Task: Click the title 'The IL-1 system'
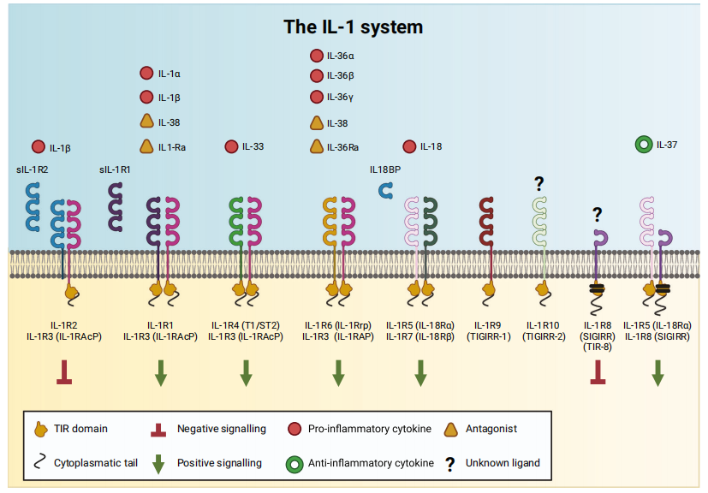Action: pyautogui.click(x=354, y=27)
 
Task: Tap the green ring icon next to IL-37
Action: pyautogui.click(x=644, y=145)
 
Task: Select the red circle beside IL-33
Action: pyautogui.click(x=231, y=146)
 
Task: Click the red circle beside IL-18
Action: pyautogui.click(x=409, y=146)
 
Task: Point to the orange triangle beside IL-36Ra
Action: pyautogui.click(x=316, y=146)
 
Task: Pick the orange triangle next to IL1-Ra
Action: pyautogui.click(x=146, y=146)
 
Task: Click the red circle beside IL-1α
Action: pyautogui.click(x=146, y=74)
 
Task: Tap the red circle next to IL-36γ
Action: pyautogui.click(x=316, y=97)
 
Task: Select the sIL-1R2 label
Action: pyautogui.click(x=32, y=169)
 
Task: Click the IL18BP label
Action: pyautogui.click(x=385, y=169)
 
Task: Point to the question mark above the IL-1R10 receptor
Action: pyautogui.click(x=539, y=182)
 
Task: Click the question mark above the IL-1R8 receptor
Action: pyautogui.click(x=597, y=214)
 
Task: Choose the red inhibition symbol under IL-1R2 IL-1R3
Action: pyautogui.click(x=64, y=371)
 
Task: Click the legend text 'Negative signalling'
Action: pyautogui.click(x=220, y=428)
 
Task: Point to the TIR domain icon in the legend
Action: pyautogui.click(x=39, y=428)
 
